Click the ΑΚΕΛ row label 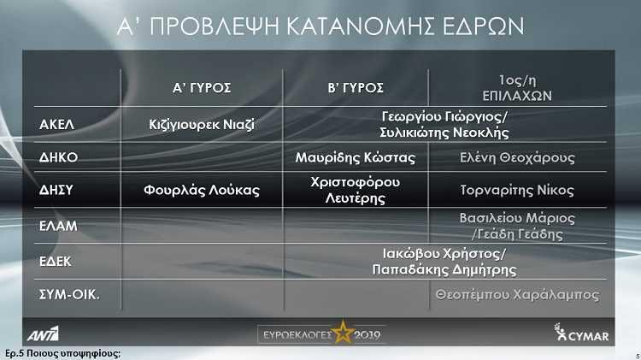[56, 124]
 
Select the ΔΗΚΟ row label [58, 157]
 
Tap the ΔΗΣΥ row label [56, 190]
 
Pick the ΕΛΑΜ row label [58, 226]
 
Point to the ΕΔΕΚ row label [56, 262]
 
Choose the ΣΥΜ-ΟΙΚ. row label [69, 294]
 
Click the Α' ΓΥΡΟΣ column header [202, 87]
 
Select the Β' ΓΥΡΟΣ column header [356, 87]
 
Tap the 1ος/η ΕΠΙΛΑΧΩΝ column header [517, 88]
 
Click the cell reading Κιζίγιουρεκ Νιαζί [202, 124]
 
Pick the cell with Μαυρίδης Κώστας [356, 157]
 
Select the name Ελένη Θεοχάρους [517, 157]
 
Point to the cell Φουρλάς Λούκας [202, 190]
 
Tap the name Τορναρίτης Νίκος [517, 190]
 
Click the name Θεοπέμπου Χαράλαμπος [517, 294]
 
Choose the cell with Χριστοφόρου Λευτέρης [356, 190]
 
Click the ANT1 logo [43, 333]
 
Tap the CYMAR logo [581, 332]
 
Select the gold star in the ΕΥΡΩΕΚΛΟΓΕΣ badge [343, 332]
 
